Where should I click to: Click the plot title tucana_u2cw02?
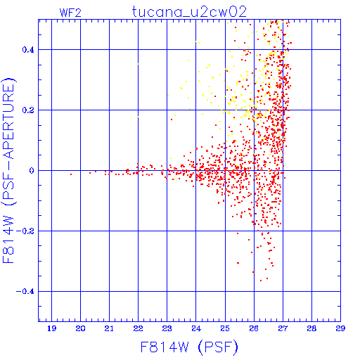click(x=189, y=12)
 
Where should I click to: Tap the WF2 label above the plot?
click(x=70, y=13)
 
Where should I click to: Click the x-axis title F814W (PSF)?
click(x=189, y=347)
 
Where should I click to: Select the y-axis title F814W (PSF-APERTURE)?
click(x=8, y=170)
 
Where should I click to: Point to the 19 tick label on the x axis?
click(x=51, y=328)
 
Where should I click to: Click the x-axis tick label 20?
click(x=80, y=328)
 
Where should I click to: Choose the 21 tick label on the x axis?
click(x=109, y=328)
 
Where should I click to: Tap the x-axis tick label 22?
click(x=139, y=328)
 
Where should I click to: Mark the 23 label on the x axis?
click(x=167, y=328)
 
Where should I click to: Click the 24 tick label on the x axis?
click(x=196, y=328)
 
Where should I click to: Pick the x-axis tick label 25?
click(x=225, y=328)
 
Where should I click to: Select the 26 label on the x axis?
click(x=254, y=328)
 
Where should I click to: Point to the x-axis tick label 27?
click(x=283, y=328)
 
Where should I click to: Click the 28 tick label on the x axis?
click(x=311, y=328)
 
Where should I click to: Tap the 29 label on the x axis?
click(x=340, y=328)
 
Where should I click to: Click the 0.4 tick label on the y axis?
click(x=28, y=50)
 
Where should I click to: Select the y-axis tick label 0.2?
click(x=28, y=110)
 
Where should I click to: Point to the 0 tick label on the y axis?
click(x=32, y=171)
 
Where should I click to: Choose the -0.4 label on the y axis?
click(x=25, y=292)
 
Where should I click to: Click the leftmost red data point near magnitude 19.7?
click(x=71, y=174)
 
